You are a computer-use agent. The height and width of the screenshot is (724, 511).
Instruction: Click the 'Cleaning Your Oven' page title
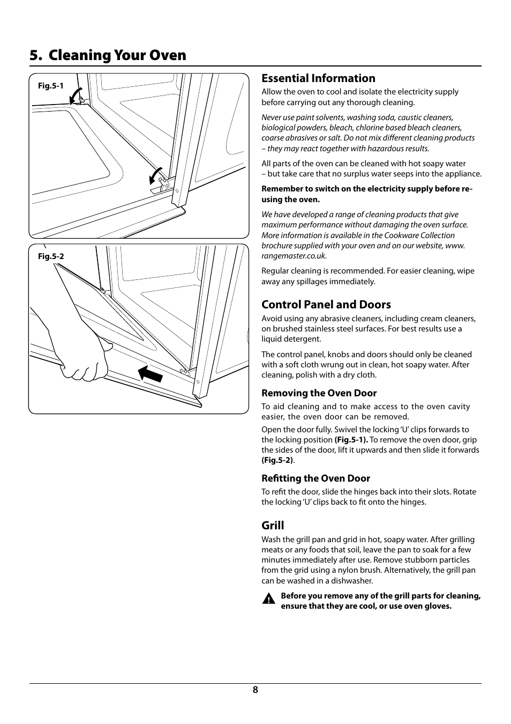tap(117, 55)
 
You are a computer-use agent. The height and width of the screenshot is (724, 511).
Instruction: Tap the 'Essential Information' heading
tap(318, 78)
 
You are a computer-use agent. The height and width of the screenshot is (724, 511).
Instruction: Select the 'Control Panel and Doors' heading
tap(326, 305)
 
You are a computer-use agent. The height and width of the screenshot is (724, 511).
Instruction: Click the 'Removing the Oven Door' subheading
tap(319, 393)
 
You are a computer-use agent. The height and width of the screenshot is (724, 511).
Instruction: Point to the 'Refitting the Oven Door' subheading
tap(315, 478)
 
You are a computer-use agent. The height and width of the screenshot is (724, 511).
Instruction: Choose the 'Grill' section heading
tap(273, 526)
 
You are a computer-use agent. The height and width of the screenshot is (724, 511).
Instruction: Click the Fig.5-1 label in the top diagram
tap(50, 86)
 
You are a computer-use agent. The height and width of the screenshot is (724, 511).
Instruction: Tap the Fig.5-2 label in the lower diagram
tap(50, 256)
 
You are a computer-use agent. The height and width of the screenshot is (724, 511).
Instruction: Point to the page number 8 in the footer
tap(255, 690)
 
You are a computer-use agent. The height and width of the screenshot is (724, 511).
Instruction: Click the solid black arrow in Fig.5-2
tap(150, 373)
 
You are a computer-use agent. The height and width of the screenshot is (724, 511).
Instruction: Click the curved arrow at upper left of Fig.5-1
tap(76, 95)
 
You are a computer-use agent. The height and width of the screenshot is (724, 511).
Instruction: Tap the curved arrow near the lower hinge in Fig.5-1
tap(155, 176)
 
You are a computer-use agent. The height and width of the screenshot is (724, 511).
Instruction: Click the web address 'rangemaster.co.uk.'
tap(294, 256)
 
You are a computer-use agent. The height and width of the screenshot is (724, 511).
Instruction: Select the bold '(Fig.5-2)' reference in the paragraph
tap(277, 460)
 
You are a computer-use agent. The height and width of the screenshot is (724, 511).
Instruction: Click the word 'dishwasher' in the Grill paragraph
tap(352, 581)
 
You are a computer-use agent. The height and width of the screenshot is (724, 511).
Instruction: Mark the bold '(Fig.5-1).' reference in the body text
tap(351, 440)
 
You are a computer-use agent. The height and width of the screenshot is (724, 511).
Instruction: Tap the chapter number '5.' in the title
tap(36, 55)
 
